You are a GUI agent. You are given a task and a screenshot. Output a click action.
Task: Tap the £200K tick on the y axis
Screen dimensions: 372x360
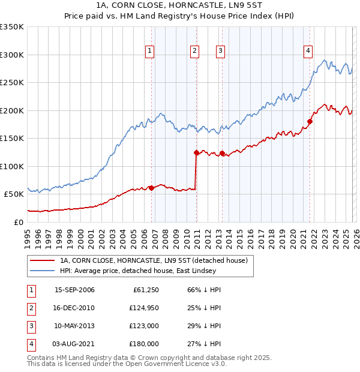tap(12, 110)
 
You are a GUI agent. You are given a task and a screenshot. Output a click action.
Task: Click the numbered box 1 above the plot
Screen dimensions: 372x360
tap(149, 51)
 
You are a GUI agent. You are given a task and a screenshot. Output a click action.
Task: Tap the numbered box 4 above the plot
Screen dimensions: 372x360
tap(308, 51)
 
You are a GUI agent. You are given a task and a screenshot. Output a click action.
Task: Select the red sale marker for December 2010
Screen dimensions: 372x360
tap(196, 152)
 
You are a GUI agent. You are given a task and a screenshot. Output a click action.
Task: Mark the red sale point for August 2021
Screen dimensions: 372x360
tap(310, 122)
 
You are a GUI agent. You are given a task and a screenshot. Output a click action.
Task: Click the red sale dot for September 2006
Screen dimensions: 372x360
tap(151, 188)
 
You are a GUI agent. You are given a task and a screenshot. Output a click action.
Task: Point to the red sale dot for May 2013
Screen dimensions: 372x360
tap(222, 154)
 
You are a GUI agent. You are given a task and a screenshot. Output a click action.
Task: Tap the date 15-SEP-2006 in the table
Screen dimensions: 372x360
tap(74, 290)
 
